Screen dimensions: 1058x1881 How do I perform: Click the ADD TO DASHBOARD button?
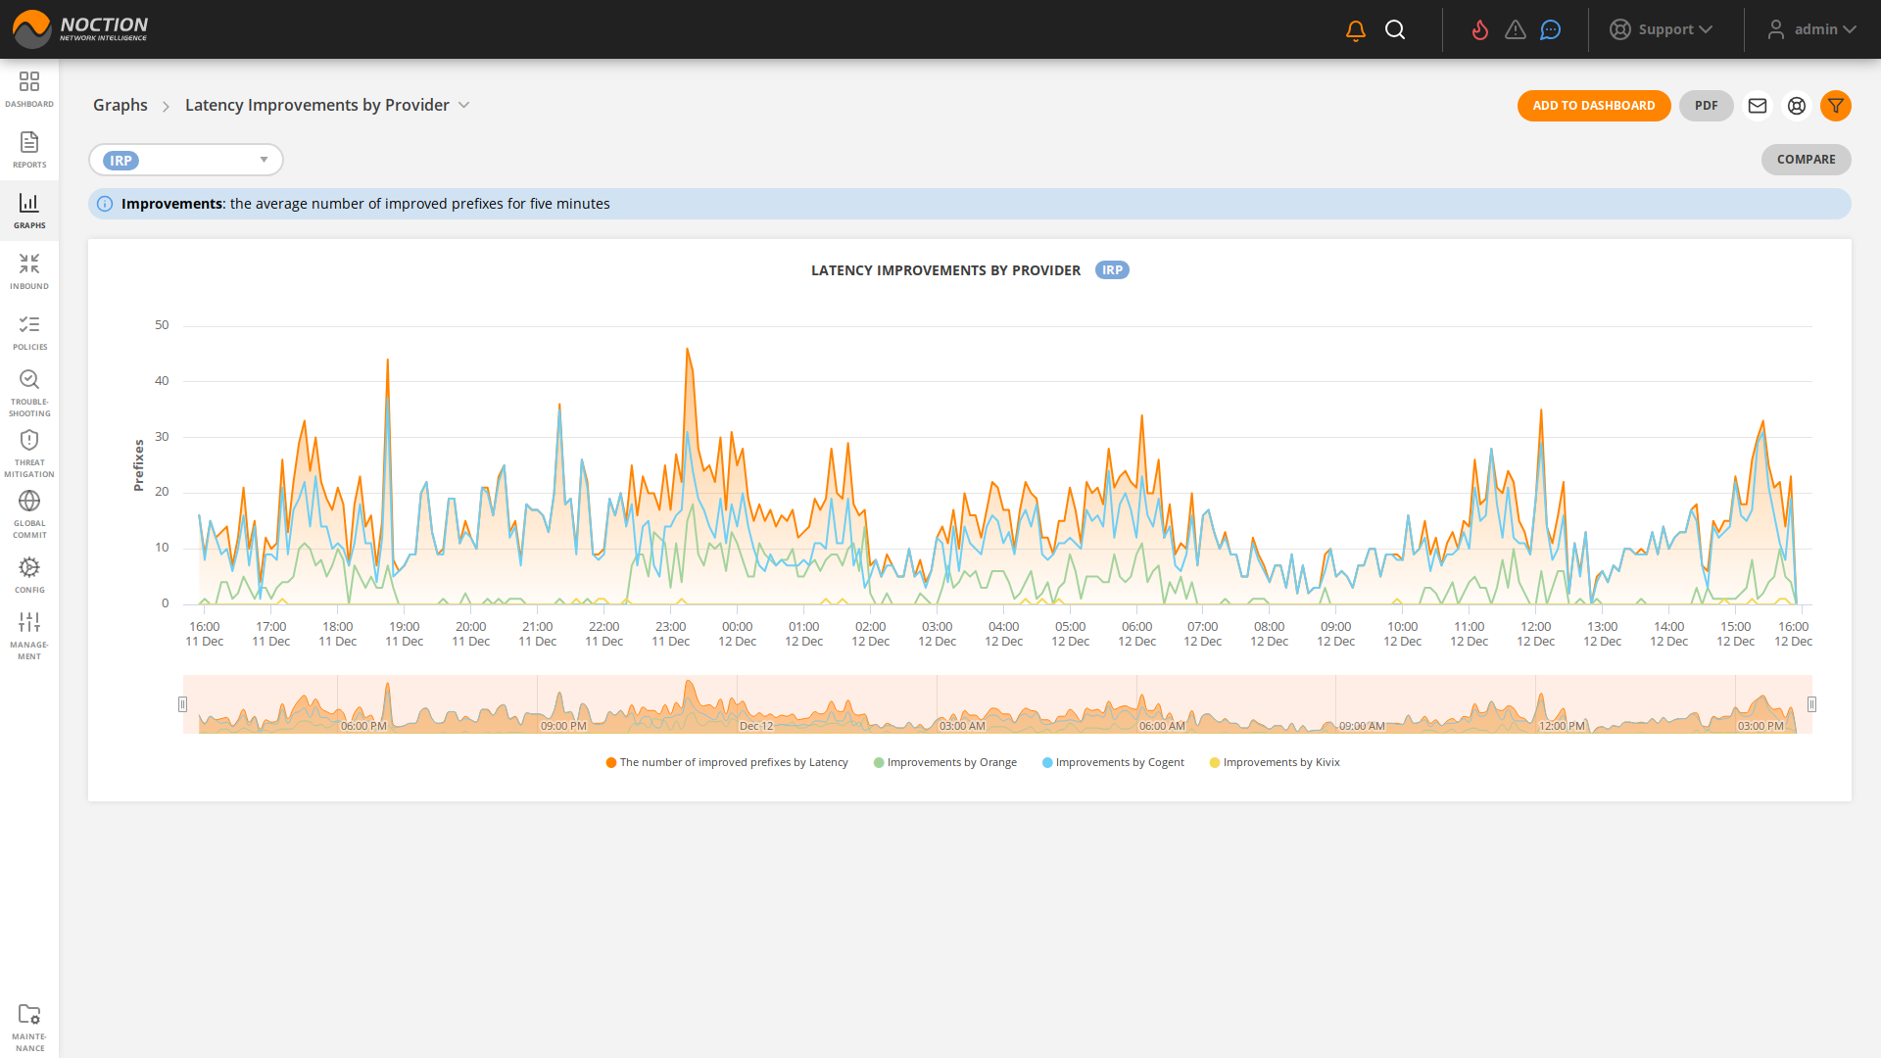coord(1593,106)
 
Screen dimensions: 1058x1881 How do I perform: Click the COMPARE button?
coord(1806,160)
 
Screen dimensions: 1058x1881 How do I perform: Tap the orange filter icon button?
coord(1835,106)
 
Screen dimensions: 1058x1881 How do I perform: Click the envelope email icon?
coord(1757,106)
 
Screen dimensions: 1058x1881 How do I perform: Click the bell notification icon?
coord(1355,30)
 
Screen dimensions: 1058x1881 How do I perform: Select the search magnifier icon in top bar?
coord(1395,30)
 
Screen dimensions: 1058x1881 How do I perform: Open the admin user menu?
coord(1811,29)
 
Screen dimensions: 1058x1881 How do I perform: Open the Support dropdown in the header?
coord(1662,29)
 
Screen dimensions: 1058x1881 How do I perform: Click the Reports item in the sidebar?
coord(29,150)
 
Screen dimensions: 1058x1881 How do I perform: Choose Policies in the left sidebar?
coord(29,332)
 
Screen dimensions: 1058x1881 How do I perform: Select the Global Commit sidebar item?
coord(29,513)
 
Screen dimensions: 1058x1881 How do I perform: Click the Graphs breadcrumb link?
coord(121,105)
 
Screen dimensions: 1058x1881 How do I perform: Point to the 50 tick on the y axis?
coord(162,325)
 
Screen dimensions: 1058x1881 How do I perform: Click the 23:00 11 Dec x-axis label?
coord(671,634)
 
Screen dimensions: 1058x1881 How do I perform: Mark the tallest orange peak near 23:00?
coord(687,350)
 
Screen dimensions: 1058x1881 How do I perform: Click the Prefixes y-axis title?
coord(138,464)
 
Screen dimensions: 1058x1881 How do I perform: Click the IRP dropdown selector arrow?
coord(264,160)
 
